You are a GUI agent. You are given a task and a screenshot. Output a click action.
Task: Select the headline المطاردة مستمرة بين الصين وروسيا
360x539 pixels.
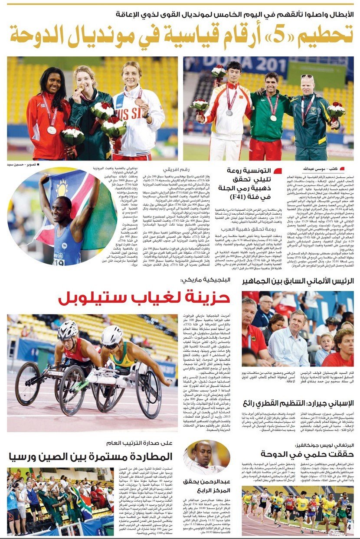point(90,456)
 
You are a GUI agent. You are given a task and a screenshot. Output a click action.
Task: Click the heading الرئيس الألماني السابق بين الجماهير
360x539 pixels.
point(298,281)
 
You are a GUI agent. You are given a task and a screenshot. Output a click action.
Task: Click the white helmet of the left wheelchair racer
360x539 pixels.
point(68,330)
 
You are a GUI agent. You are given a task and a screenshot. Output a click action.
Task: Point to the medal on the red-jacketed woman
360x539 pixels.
point(51,129)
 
